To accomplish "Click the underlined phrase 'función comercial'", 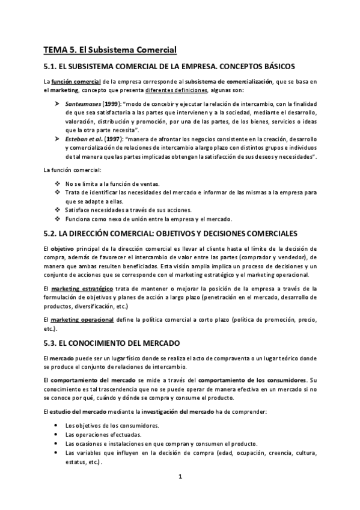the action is point(71,81).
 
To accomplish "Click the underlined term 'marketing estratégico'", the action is point(77,289).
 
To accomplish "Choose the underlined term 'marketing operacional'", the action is point(78,318).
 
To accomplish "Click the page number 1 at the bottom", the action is point(180,477).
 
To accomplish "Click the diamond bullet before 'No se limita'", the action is point(56,183).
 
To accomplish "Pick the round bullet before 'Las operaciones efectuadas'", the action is point(56,434).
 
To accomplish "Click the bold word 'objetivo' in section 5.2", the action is point(63,248).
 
